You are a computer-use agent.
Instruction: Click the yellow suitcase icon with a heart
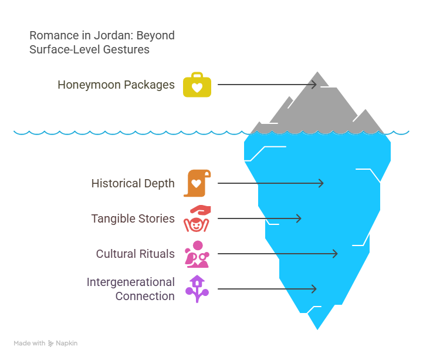click(x=197, y=85)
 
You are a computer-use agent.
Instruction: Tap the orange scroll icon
click(x=197, y=183)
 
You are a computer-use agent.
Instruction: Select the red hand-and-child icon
click(x=197, y=218)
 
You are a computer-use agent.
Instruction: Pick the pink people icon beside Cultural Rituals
click(x=197, y=254)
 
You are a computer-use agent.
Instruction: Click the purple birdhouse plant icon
click(x=197, y=289)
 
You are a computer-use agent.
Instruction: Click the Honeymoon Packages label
click(x=116, y=85)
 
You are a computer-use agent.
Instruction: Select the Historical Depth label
click(x=133, y=183)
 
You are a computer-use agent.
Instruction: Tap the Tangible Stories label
click(x=133, y=218)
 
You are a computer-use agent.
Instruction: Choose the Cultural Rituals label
click(x=136, y=254)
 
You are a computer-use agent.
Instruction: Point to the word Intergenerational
click(x=131, y=282)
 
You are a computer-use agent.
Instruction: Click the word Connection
click(x=145, y=296)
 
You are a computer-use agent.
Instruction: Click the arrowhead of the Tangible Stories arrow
click(x=299, y=218)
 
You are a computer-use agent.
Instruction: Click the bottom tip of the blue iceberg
click(x=317, y=329)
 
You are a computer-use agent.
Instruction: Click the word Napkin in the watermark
click(x=67, y=343)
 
